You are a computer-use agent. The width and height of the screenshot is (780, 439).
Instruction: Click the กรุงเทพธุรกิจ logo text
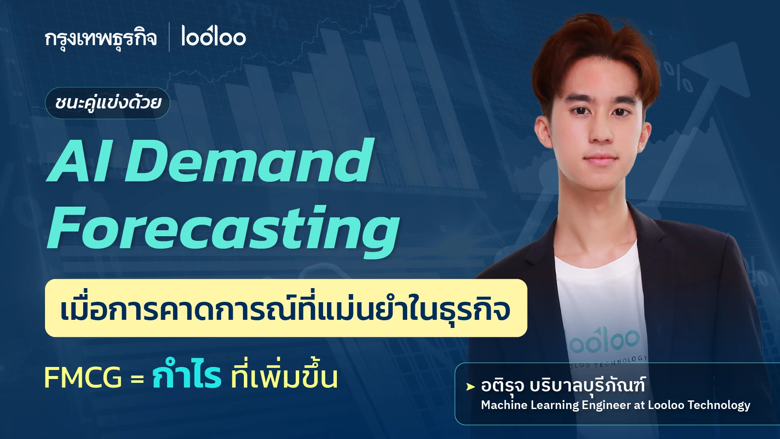tap(101, 39)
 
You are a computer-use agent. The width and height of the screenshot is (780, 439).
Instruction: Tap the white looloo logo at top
tap(213, 36)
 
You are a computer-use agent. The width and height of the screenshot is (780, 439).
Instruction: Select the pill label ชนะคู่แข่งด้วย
tap(108, 103)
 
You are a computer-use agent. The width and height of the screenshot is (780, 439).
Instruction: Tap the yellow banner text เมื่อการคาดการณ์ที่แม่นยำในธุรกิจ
tap(285, 309)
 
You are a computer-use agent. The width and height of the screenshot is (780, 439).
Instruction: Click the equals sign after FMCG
tap(137, 379)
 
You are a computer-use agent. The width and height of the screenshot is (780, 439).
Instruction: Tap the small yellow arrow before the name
tap(470, 387)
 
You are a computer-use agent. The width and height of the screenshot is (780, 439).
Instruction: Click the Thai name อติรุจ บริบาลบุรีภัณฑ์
tap(563, 385)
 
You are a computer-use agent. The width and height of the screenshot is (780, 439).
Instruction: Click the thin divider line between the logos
tap(169, 37)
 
